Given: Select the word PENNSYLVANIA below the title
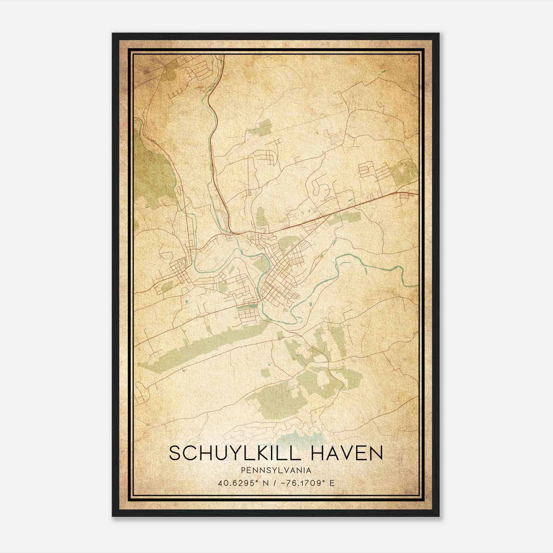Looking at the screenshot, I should point(276,470).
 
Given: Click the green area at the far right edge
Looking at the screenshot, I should point(404,171).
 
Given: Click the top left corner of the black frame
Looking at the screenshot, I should point(114,35).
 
